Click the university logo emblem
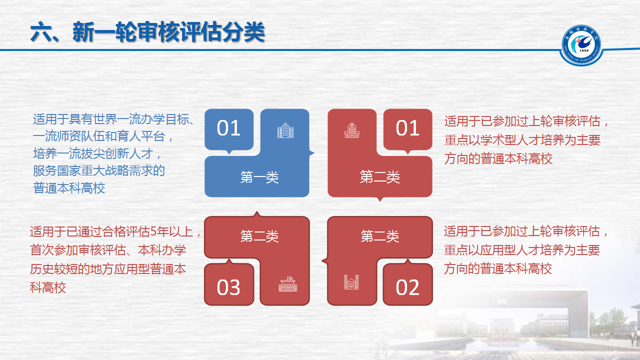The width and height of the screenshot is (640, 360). pyautogui.click(x=581, y=45)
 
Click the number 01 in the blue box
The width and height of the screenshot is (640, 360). pyautogui.click(x=228, y=128)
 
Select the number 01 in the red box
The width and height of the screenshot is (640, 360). pyautogui.click(x=407, y=128)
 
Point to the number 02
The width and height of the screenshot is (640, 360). pyautogui.click(x=407, y=287)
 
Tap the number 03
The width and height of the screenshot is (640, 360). pyautogui.click(x=228, y=287)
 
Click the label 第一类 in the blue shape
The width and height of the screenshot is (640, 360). pyautogui.click(x=259, y=177)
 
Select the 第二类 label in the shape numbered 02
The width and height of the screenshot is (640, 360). pyautogui.click(x=379, y=236)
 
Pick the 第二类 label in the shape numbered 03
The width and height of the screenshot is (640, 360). pyautogui.click(x=259, y=236)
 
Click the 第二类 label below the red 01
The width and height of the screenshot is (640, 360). pyautogui.click(x=379, y=176)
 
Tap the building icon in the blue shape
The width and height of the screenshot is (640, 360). pyautogui.click(x=285, y=130)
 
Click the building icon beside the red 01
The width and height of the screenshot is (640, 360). pyautogui.click(x=351, y=130)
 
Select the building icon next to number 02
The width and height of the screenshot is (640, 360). pyautogui.click(x=351, y=282)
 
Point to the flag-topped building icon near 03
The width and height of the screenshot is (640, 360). pyautogui.click(x=287, y=284)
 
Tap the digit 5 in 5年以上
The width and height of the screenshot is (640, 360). pyautogui.click(x=153, y=231)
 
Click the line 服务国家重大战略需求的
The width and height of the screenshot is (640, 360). pyautogui.click(x=99, y=171)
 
